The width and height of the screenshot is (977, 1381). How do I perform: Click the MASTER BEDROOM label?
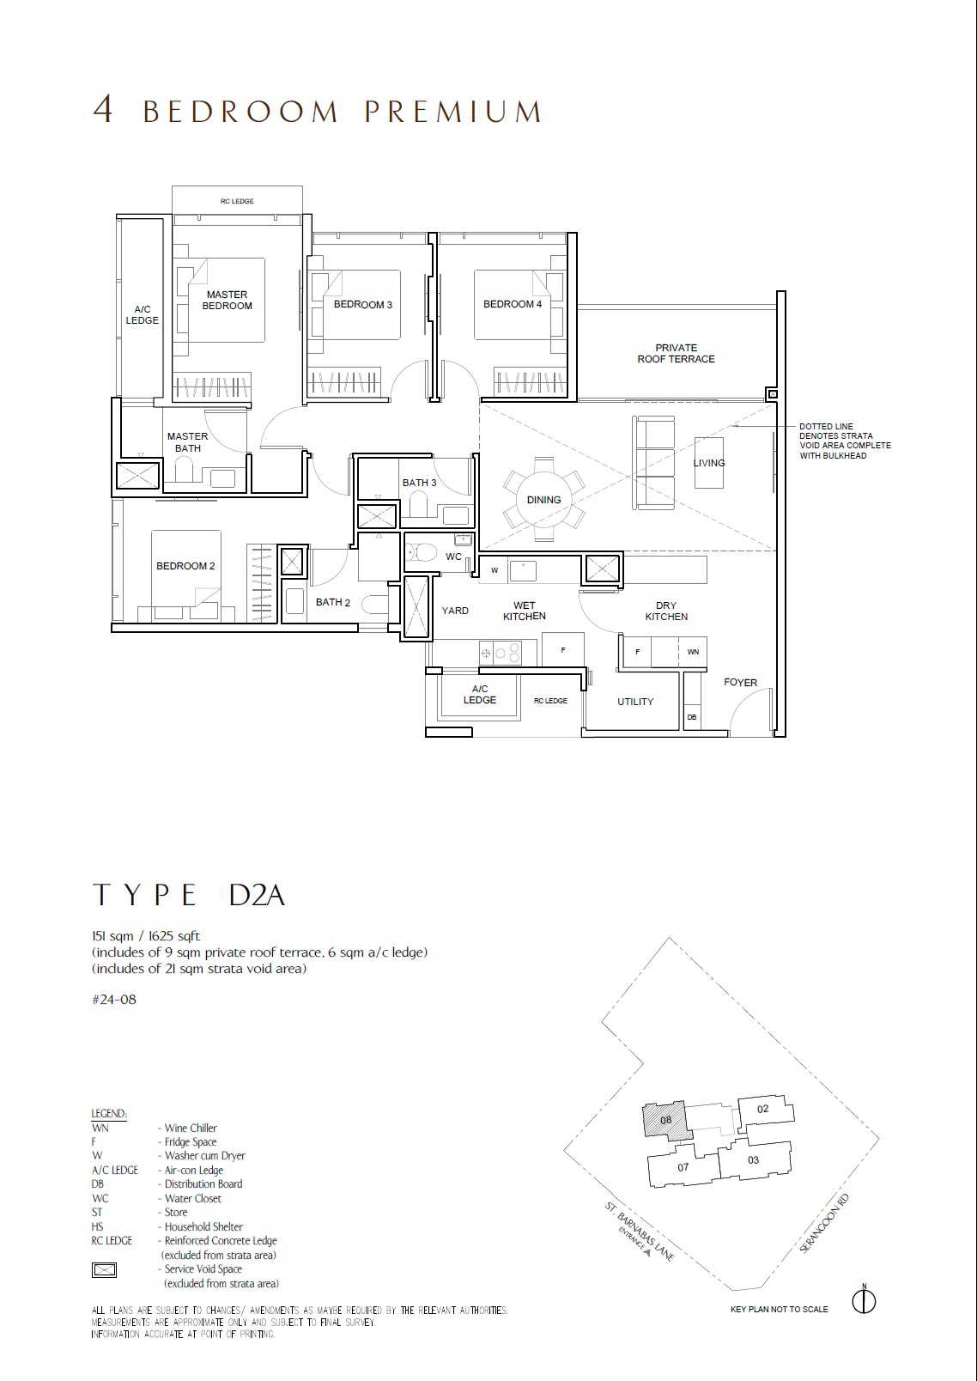pos(227,301)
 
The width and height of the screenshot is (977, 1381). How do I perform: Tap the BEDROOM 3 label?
pos(363,305)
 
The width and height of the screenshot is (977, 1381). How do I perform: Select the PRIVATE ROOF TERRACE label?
pos(677,353)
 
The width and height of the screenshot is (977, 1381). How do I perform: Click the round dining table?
pos(543,499)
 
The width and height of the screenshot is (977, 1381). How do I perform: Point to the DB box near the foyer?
pos(692,717)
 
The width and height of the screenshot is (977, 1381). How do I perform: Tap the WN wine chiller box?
pos(693,652)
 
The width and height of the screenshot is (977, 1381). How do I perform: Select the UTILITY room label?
pos(635,702)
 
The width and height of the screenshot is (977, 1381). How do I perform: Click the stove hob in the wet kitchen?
pos(500,652)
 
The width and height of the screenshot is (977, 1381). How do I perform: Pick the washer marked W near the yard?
pos(494,570)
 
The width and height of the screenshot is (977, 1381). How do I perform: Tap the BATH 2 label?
pos(333,602)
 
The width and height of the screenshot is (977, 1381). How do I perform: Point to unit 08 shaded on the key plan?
pos(665,1120)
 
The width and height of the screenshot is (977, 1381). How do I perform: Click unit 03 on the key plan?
pos(753,1159)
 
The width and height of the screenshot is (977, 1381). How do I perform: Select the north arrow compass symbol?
pos(865,1300)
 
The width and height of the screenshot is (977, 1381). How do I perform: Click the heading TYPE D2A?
pos(189,895)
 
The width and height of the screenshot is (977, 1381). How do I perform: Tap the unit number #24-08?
pos(114,1000)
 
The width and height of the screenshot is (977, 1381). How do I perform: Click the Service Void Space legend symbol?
pos(104,1269)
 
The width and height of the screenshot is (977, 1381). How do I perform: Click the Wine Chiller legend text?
pos(191,1128)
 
